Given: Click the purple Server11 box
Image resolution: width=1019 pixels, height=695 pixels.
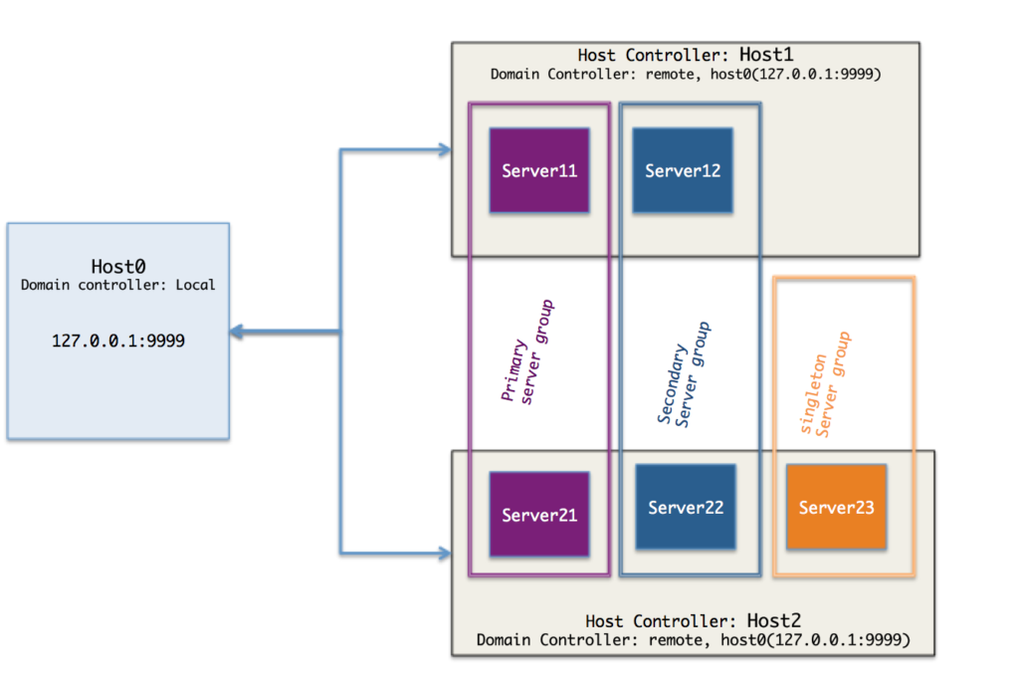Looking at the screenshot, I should coord(538,170).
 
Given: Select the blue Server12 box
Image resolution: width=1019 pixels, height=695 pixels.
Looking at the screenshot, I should coord(682,170).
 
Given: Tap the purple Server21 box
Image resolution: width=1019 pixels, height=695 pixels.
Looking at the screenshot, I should coord(538,514).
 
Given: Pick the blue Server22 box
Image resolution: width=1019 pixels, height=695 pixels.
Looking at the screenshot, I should coord(685,507).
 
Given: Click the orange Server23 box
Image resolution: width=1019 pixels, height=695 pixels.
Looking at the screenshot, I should coord(835,507).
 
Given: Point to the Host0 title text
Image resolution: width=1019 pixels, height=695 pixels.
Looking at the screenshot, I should coord(118,266).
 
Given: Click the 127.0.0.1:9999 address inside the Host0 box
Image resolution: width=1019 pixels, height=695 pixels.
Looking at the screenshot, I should coord(117,340).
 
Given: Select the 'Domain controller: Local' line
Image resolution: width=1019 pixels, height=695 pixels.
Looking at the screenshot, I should coord(117,285).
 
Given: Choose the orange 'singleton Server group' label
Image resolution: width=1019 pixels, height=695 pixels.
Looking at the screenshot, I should coord(826,384).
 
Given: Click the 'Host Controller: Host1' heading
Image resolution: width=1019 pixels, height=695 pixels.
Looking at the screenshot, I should coord(685,56).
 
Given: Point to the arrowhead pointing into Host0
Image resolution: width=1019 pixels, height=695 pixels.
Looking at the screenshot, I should coord(239,332).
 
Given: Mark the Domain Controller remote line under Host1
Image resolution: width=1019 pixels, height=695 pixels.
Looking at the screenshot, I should coord(686,75).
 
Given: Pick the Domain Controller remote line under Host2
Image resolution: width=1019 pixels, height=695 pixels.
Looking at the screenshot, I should coord(693,639).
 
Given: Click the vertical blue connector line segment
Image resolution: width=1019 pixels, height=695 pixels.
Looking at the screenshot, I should coord(340,249).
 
